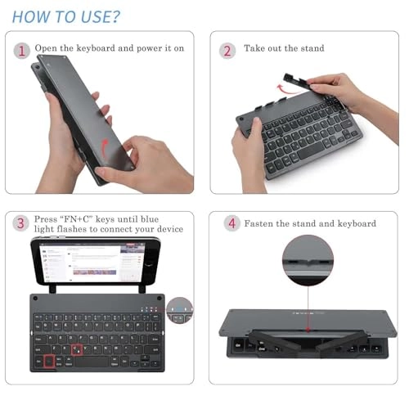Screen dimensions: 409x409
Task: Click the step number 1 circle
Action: pyautogui.click(x=20, y=49)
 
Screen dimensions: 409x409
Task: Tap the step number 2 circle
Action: pyautogui.click(x=227, y=49)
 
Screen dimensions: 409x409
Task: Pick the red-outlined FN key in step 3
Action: pyautogui.click(x=50, y=360)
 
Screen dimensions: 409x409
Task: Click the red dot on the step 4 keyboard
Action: pyautogui.click(x=308, y=332)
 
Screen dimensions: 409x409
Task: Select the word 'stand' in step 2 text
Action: pyautogui.click(x=310, y=49)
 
